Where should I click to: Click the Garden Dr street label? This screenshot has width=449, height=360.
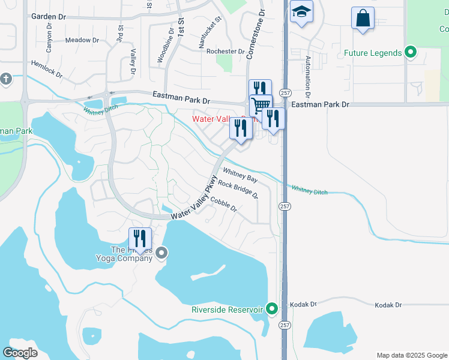click(47, 17)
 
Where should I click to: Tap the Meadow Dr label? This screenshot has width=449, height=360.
click(82, 40)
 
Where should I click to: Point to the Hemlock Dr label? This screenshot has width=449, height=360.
click(47, 68)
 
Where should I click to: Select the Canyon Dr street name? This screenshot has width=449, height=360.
click(50, 37)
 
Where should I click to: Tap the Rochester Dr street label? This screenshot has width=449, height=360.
click(226, 52)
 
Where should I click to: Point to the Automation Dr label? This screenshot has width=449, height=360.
click(308, 77)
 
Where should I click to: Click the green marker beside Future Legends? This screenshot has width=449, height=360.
click(411, 53)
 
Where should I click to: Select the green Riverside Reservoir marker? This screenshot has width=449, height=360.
click(272, 310)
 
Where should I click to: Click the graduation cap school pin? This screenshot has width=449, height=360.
click(301, 11)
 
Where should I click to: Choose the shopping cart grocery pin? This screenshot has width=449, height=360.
click(261, 105)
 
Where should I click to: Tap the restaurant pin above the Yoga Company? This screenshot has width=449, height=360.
click(140, 238)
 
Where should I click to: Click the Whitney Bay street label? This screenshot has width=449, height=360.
click(240, 175)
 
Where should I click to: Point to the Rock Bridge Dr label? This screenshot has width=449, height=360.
click(238, 189)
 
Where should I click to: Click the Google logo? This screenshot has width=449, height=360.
click(20, 352)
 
